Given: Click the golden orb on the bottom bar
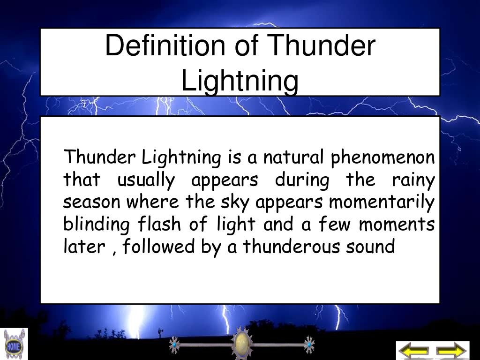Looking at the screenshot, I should (241, 344).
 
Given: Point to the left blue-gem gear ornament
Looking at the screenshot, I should (174, 345).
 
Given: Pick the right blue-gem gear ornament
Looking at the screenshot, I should (309, 345).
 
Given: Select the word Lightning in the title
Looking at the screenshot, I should (240, 80).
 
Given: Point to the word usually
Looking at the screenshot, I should (146, 180).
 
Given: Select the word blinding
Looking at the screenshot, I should (96, 225).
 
